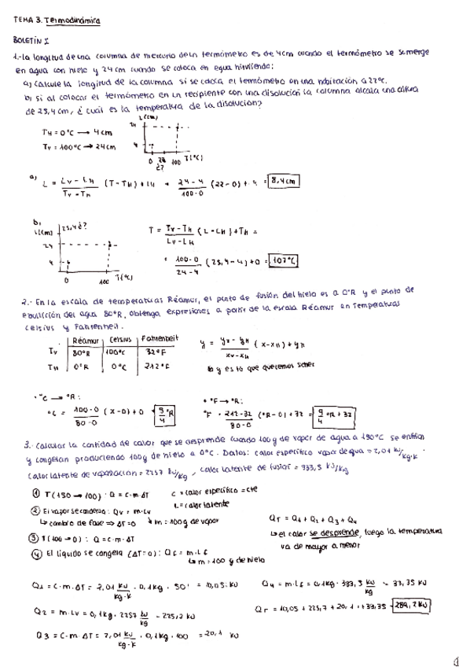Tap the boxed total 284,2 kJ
413,606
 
